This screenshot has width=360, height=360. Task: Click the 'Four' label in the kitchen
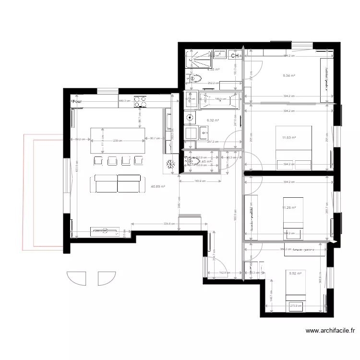(77, 102)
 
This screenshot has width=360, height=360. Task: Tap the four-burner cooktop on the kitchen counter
(141, 101)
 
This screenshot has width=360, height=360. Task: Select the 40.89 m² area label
(158, 187)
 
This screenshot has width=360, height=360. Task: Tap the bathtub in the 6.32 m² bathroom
(220, 100)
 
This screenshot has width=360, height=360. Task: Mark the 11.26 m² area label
(288, 208)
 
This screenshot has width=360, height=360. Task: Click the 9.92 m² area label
(295, 274)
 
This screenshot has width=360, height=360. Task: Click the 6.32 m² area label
(213, 120)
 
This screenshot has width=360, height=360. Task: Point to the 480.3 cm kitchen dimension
(125, 101)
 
